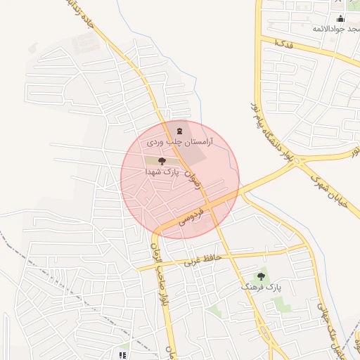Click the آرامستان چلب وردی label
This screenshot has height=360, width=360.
pyautogui.click(x=179, y=142)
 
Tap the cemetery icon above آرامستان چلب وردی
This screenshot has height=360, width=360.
pyautogui.click(x=179, y=130)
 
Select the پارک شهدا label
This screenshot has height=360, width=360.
pyautogui.click(x=162, y=172)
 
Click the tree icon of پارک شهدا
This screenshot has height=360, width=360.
pyautogui.click(x=162, y=161)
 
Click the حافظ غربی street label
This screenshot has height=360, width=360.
pyautogui.click(x=203, y=259)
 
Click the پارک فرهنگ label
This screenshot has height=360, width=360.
pyautogui.click(x=261, y=288)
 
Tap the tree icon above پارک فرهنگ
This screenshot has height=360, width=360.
pyautogui.click(x=262, y=276)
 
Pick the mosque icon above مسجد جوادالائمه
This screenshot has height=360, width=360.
pyautogui.click(x=341, y=19)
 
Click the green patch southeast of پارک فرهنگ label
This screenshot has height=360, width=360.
pyautogui.click(x=281, y=304)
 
